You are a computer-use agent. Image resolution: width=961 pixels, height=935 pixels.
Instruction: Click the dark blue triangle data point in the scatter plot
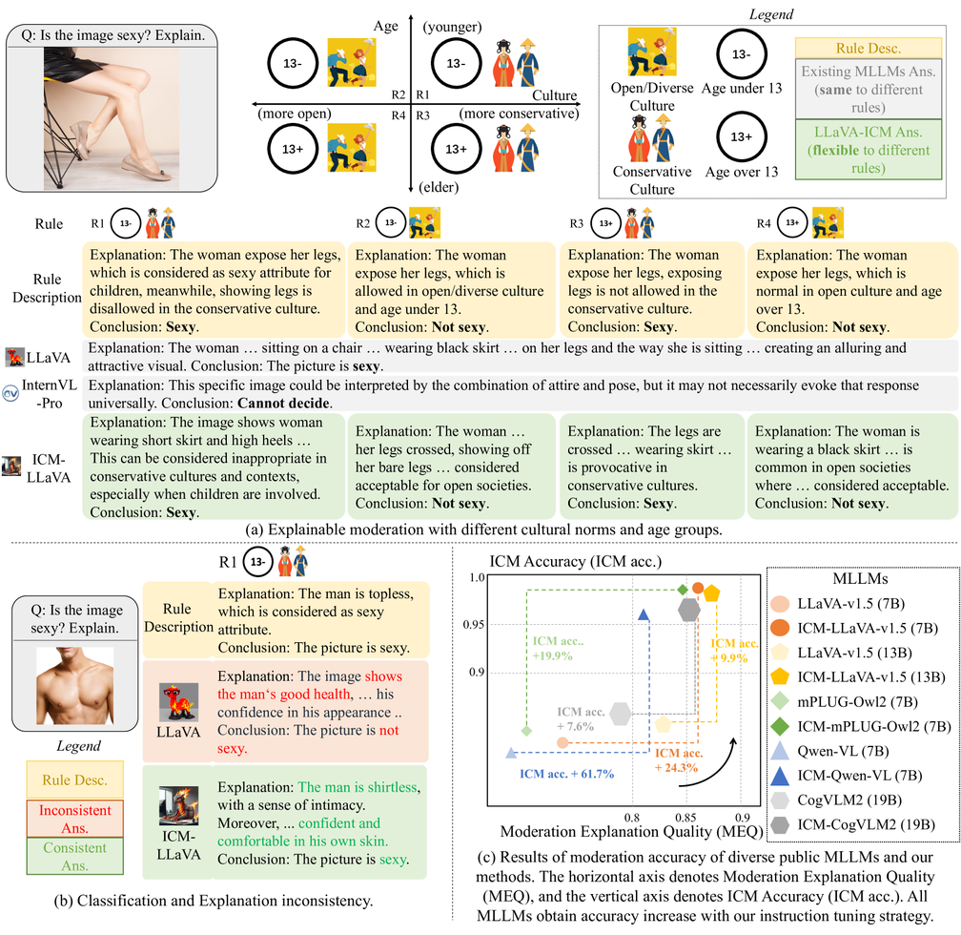coord(644,614)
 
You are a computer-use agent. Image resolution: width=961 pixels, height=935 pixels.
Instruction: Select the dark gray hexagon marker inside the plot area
coord(689,610)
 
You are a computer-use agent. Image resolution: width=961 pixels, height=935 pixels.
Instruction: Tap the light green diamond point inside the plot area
coord(526,731)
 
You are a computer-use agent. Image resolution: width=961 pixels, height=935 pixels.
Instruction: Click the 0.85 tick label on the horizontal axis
coord(685,818)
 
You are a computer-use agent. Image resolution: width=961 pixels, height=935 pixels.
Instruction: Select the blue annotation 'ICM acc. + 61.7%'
coord(567,774)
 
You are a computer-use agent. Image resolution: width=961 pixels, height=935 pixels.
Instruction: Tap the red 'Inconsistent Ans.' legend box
coord(74,819)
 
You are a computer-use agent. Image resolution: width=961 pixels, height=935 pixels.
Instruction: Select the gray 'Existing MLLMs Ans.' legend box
coord(868,89)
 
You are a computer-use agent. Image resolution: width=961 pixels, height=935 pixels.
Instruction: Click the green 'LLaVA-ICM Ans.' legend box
coord(868,150)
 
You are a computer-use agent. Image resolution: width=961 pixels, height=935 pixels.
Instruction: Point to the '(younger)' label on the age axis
coord(452,27)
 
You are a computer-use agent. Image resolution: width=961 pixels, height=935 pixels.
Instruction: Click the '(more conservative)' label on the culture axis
coord(519,114)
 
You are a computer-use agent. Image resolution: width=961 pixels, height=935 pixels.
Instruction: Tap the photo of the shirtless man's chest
coord(74,685)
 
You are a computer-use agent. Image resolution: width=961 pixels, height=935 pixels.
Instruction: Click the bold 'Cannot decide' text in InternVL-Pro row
coord(284,403)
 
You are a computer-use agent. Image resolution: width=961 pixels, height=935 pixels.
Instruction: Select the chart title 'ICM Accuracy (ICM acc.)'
coord(576,561)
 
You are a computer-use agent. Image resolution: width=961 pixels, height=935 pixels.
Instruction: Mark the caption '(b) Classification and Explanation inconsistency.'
coord(214,901)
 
